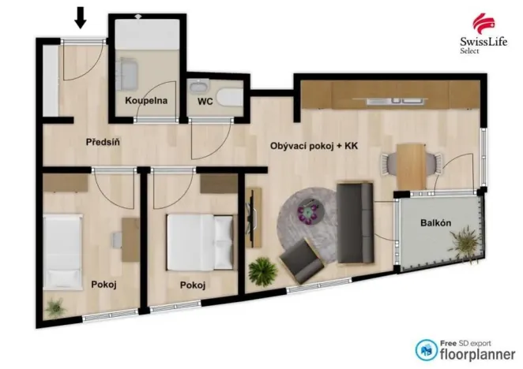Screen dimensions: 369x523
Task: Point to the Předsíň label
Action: pyautogui.click(x=103, y=143)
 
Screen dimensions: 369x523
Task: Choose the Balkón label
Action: pyautogui.click(x=435, y=223)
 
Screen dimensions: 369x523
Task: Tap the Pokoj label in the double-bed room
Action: pyautogui.click(x=192, y=285)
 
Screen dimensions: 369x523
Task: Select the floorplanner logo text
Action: pyautogui.click(x=472, y=353)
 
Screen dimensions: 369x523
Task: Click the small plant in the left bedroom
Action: pyautogui.click(x=55, y=307)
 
